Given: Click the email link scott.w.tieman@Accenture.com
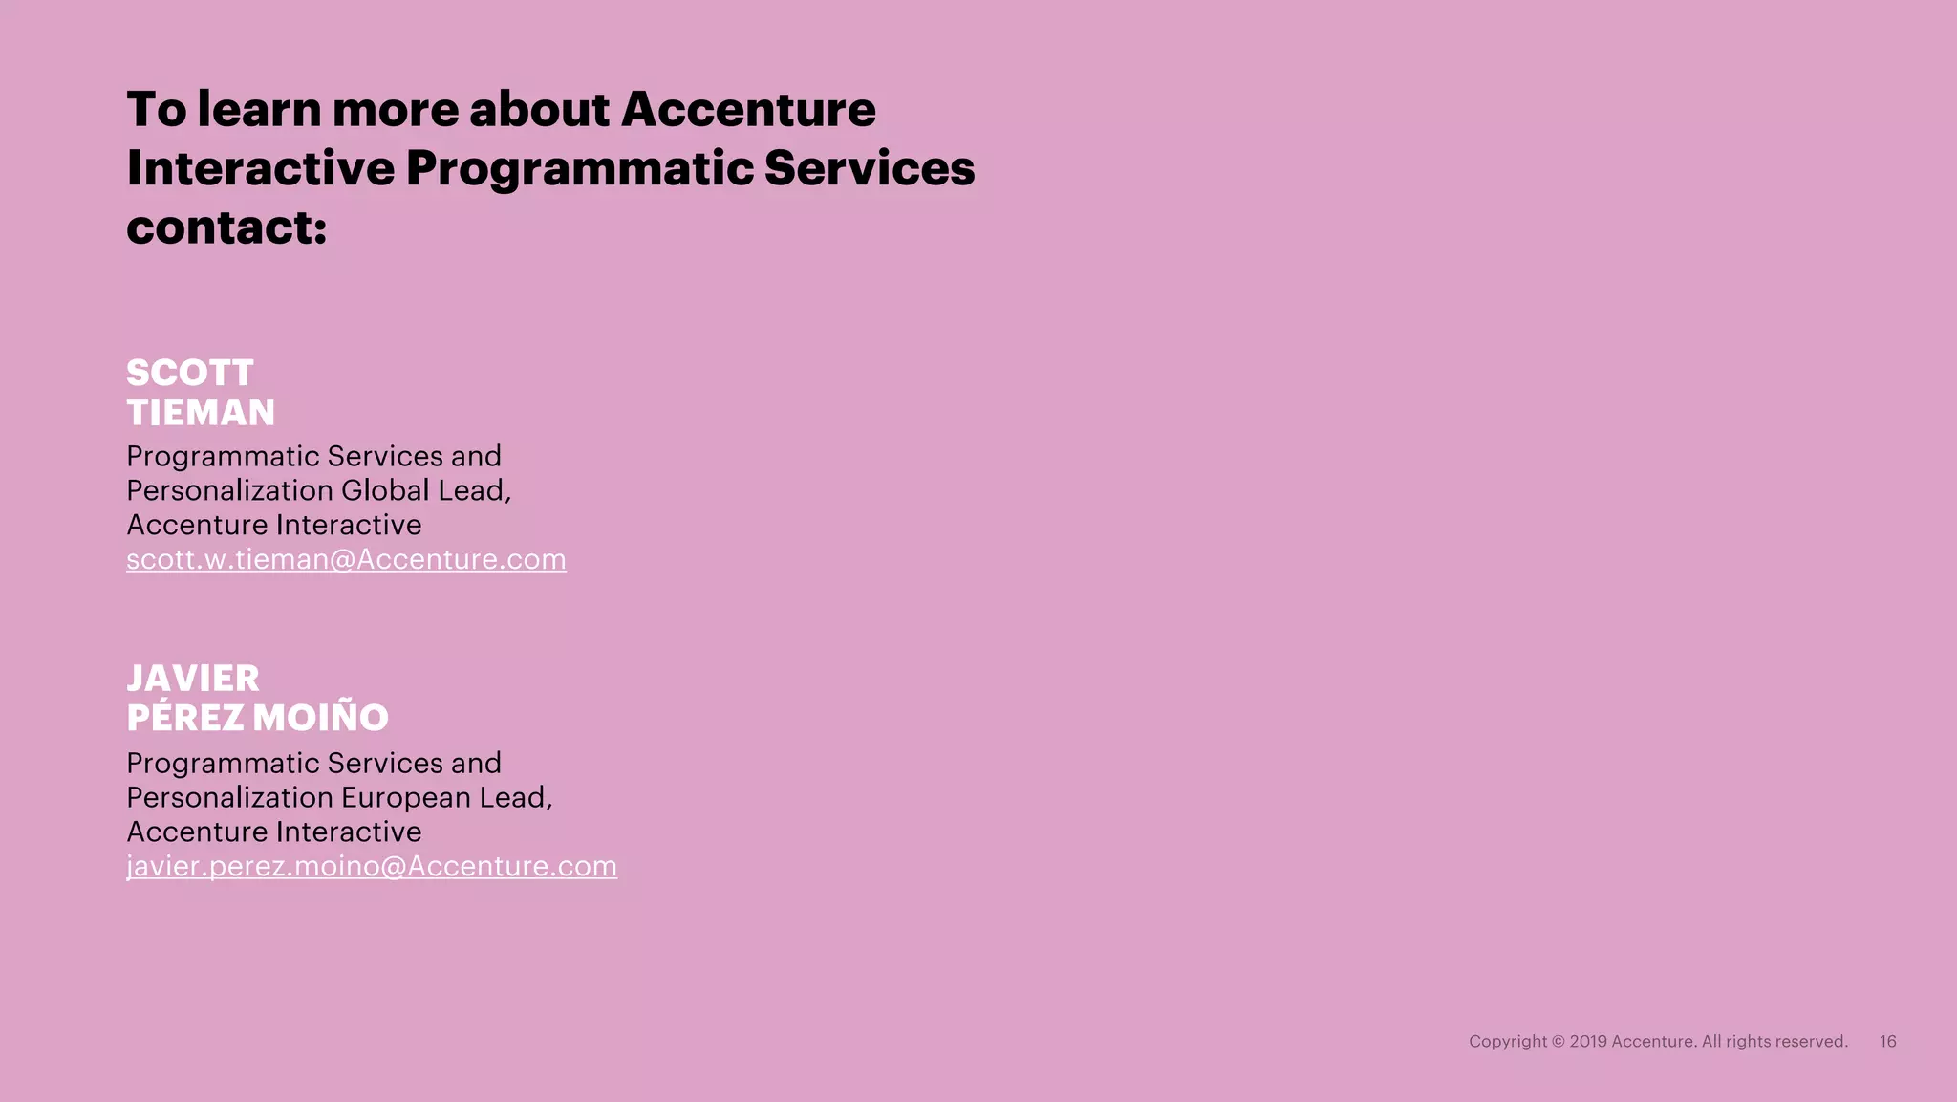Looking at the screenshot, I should pos(346,559).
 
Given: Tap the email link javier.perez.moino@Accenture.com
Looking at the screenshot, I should pos(372,866).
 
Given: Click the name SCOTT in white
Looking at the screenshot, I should pos(190,373).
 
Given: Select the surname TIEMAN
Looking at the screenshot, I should pos(201,413).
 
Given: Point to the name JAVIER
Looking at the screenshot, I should pos(193,679).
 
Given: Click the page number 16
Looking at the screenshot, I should pos(1887,1042).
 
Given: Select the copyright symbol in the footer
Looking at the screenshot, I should pos(1558,1042).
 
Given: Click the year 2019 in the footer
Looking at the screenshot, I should pos(1587,1042).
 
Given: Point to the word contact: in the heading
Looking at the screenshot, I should pos(226,227).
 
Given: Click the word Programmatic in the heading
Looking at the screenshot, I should pos(579,168).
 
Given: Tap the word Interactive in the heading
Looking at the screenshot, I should pos(260,168).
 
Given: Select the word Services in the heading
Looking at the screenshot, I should pos(870,168).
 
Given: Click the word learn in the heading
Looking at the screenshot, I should pos(259,109).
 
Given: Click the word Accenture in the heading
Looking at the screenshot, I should pos(748,109).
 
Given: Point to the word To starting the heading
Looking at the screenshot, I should pos(157,109).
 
